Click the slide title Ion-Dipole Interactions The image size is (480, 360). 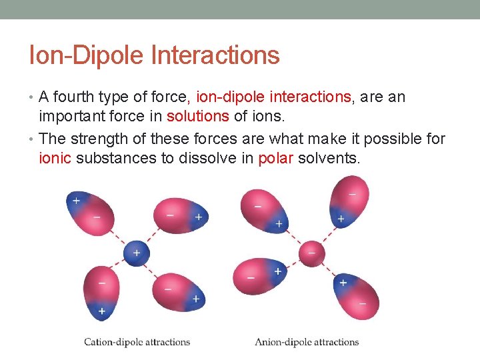tap(154, 55)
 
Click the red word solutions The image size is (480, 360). tap(197, 116)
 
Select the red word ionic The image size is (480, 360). tap(55, 158)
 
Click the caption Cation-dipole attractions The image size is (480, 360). tap(137, 342)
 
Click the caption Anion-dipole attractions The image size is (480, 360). tap(307, 342)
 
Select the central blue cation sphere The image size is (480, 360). tap(135, 253)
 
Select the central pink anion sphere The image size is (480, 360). tap(311, 253)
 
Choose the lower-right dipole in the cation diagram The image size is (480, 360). tap(177, 292)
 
